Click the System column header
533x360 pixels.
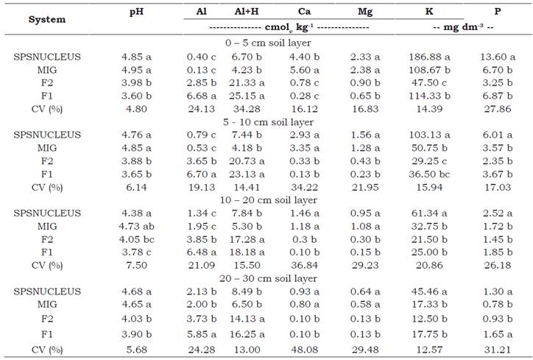(47, 19)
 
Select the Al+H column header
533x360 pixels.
(247, 13)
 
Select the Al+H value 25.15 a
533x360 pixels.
(247, 95)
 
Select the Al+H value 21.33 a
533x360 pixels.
(247, 82)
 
